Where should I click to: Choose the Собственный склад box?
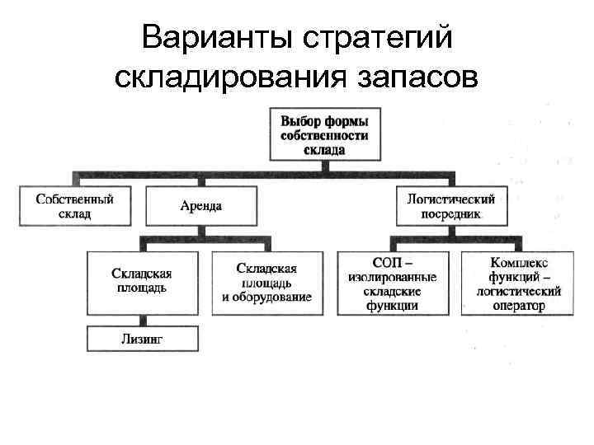click(x=74, y=206)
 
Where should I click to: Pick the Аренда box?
click(x=200, y=206)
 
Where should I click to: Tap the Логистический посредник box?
click(x=450, y=206)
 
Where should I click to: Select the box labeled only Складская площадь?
click(x=142, y=282)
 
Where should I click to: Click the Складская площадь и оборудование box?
click(x=266, y=282)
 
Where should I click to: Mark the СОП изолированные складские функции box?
click(x=392, y=282)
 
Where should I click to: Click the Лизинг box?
click(x=142, y=339)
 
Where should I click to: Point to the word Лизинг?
click(x=142, y=339)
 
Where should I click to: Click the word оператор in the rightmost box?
click(x=518, y=306)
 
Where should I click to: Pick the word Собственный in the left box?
click(x=74, y=199)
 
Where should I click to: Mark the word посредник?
click(x=450, y=214)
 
